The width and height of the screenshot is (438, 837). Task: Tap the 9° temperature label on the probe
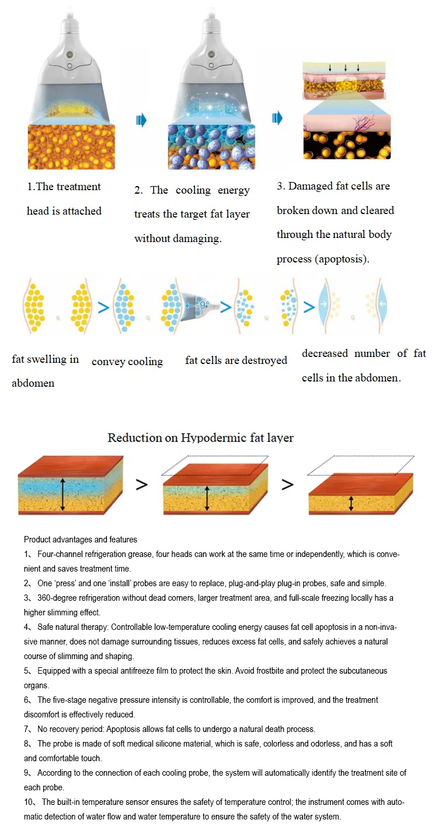tap(204, 304)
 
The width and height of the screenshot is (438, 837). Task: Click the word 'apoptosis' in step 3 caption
tap(340, 259)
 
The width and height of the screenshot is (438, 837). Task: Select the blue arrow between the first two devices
tap(141, 120)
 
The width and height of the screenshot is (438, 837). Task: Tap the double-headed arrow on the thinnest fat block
tap(351, 503)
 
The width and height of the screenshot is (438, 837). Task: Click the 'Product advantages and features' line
tap(81, 540)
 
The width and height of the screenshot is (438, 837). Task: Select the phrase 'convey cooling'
tap(127, 362)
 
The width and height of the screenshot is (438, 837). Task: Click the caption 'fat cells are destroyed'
tap(236, 360)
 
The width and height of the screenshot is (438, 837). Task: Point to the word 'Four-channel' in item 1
tap(59, 554)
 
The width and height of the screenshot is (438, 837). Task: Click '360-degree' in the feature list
tap(57, 598)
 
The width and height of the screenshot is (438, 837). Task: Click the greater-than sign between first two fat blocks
tap(142, 484)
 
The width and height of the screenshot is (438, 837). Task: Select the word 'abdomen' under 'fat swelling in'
tap(33, 383)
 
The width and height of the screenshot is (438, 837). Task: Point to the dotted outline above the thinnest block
tap(361, 465)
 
